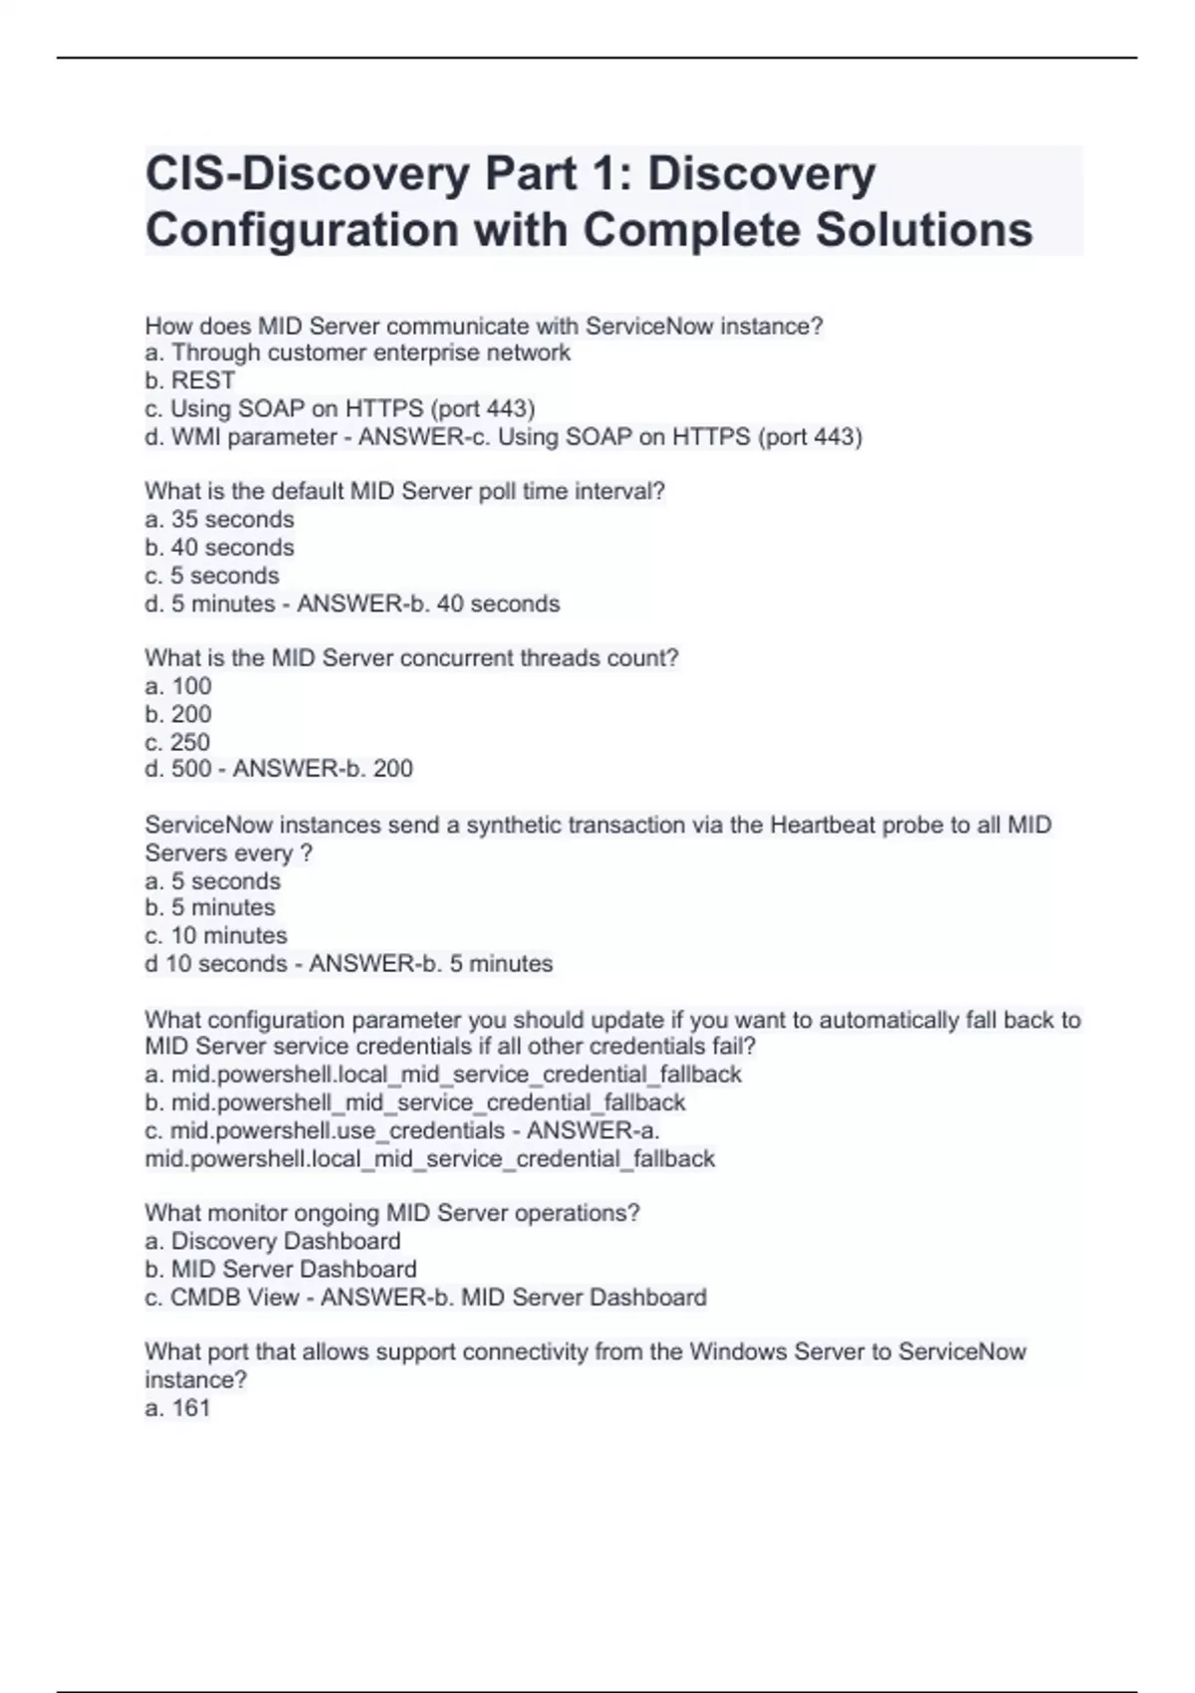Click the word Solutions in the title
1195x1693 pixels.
tap(924, 229)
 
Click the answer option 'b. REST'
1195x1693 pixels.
tap(190, 380)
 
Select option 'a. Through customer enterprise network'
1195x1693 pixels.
tap(358, 353)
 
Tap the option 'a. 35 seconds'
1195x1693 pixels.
tap(219, 519)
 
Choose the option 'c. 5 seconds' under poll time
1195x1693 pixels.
tap(212, 576)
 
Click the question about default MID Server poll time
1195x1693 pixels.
tap(404, 491)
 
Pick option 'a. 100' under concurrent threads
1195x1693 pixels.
tap(178, 686)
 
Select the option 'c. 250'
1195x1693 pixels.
tap(177, 742)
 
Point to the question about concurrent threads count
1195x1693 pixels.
tap(411, 658)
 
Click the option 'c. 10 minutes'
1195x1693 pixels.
tap(216, 935)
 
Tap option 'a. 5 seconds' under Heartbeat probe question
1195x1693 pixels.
tap(213, 881)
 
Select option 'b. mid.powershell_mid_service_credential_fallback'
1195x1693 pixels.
tap(415, 1102)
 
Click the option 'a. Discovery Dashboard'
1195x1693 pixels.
tap(273, 1241)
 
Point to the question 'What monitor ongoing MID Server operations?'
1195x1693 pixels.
tap(392, 1213)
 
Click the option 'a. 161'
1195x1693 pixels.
tap(178, 1407)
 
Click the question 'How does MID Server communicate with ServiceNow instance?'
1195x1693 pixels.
tap(484, 326)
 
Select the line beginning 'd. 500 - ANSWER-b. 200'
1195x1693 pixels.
tap(279, 769)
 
